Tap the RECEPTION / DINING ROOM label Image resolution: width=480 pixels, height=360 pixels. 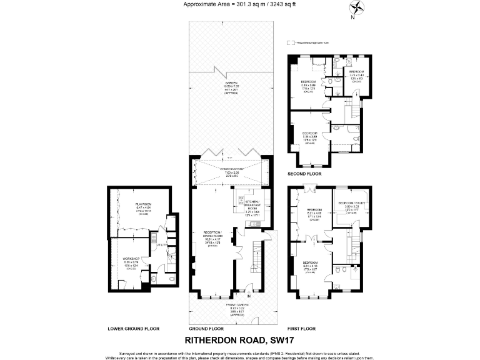[213, 234]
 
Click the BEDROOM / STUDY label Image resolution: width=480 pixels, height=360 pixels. [351, 203]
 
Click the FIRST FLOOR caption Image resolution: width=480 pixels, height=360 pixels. [302, 327]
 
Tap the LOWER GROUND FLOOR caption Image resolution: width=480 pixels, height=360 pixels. [133, 328]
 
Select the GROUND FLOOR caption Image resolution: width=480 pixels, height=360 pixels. [206, 328]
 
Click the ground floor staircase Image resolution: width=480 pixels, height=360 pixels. [256, 257]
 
